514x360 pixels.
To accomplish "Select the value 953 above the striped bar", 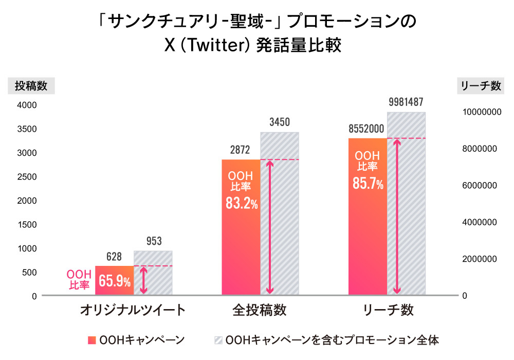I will point(153,241).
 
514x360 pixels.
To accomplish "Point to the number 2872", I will point(240,150).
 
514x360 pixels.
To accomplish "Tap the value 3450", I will point(279,122).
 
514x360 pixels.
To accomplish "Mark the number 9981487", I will point(406,102).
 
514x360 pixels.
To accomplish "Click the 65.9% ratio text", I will point(115,281).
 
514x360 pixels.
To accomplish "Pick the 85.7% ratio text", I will point(368,183).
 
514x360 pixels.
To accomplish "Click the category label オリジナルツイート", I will point(133,311).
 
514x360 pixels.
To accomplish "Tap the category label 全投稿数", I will point(260,311).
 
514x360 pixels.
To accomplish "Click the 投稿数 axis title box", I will point(31,86).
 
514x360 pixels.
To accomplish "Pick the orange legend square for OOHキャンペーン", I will point(92,340).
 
